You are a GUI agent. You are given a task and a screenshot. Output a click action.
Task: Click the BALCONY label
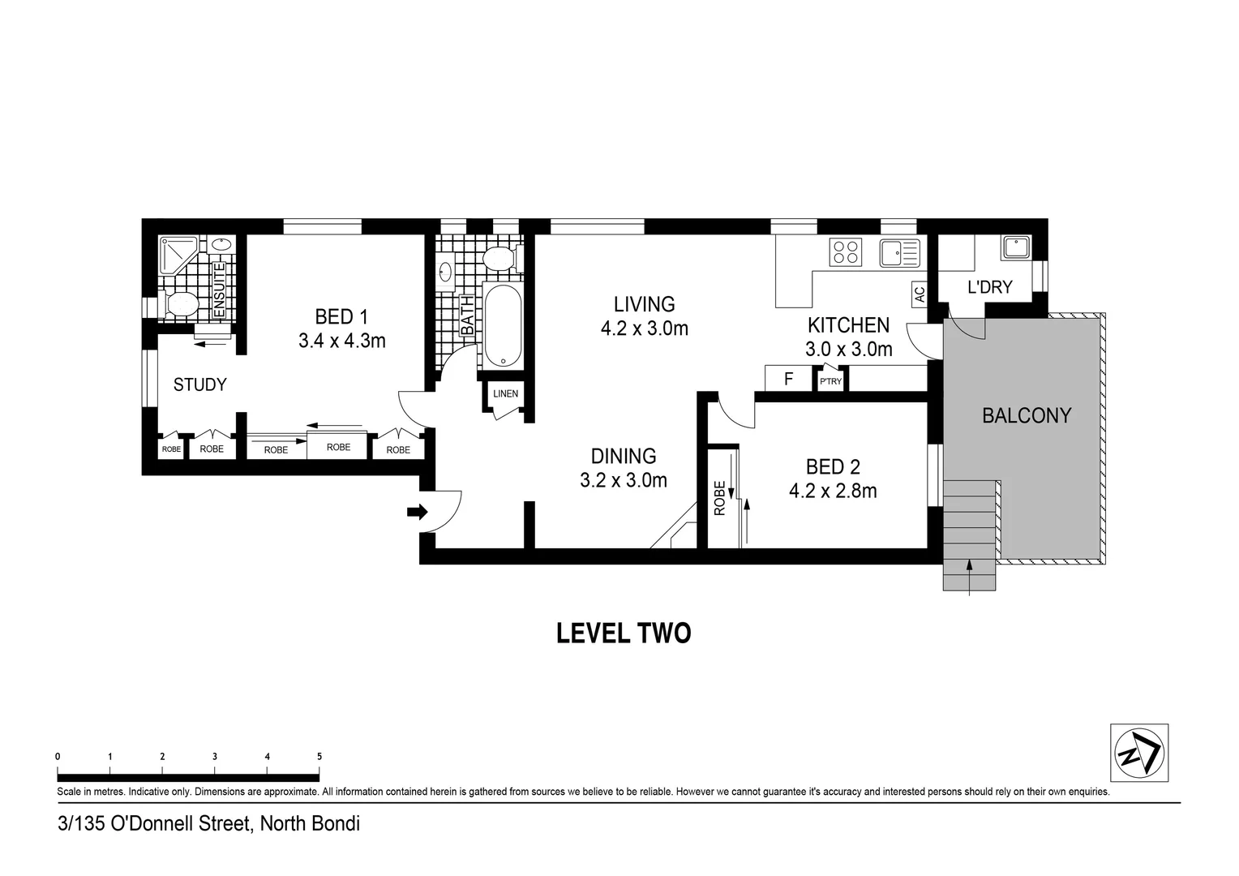(1027, 416)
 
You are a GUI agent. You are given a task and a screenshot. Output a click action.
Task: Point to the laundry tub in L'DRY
(1015, 247)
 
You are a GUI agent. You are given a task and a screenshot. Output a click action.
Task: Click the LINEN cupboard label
(505, 394)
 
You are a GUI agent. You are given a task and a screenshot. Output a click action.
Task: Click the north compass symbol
(1138, 753)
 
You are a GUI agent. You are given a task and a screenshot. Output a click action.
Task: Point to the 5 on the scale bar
(319, 757)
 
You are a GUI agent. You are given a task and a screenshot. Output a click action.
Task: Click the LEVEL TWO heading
(623, 633)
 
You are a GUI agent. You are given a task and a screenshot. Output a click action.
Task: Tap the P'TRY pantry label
(830, 381)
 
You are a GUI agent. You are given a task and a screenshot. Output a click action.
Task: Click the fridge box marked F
(788, 379)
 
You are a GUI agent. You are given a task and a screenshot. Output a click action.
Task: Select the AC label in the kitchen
(919, 294)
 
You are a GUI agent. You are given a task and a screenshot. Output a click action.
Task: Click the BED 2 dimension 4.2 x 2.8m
(833, 491)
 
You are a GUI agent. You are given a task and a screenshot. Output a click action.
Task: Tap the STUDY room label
(199, 384)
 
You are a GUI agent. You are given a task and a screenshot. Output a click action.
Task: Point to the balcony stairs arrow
(970, 576)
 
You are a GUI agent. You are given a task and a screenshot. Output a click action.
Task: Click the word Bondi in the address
(336, 825)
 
